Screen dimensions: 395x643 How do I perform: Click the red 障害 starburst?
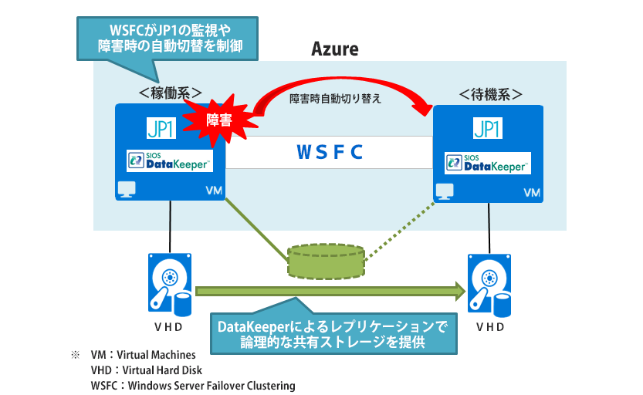pyautogui.click(x=224, y=120)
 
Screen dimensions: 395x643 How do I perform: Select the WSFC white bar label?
pyautogui.click(x=330, y=151)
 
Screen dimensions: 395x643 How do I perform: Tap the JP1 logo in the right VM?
pyautogui.click(x=488, y=128)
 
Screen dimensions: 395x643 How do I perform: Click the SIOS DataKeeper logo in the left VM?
pyautogui.click(x=165, y=161)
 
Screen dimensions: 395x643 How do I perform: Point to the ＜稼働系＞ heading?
pyautogui.click(x=171, y=93)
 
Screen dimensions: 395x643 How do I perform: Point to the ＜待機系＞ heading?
pyautogui.click(x=490, y=94)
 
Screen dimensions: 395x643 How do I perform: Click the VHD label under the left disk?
pyautogui.click(x=168, y=326)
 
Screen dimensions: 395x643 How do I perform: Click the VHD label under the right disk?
pyautogui.click(x=491, y=327)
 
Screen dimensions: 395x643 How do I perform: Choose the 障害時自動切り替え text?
pyautogui.click(x=336, y=100)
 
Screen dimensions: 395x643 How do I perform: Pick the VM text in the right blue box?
pyautogui.click(x=532, y=192)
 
